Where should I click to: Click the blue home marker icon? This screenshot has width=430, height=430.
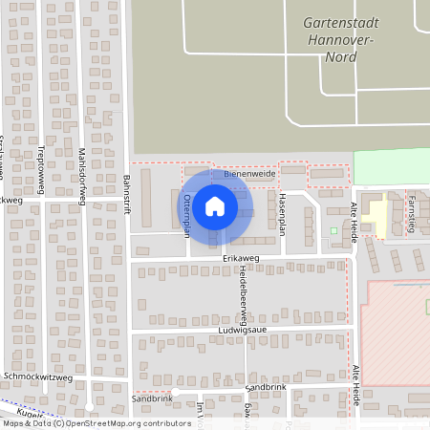pos(215,204)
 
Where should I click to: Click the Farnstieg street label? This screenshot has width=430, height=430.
pos(411,212)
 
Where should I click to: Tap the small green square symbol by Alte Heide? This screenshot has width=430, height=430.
pos(333,230)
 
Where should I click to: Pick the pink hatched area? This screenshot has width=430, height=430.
pos(397,330)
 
